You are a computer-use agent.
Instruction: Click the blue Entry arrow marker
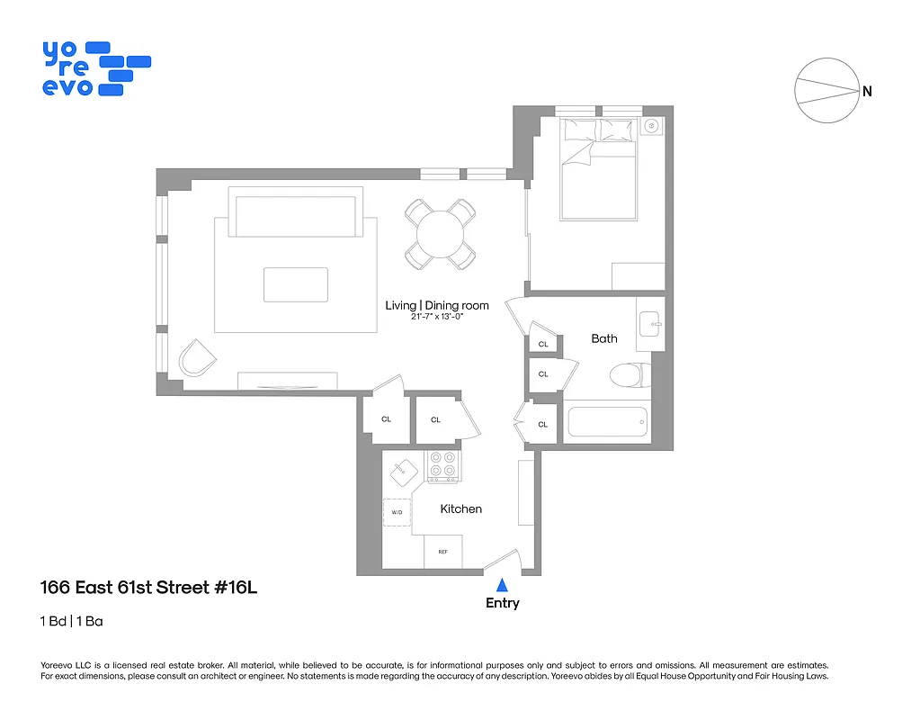(x=502, y=585)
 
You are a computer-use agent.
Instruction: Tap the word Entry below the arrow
(x=502, y=603)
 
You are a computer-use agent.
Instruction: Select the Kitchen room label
(x=460, y=509)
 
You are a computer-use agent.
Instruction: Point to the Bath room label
(x=604, y=338)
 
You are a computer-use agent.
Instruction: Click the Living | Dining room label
(x=437, y=305)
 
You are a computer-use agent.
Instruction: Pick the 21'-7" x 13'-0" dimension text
(x=437, y=317)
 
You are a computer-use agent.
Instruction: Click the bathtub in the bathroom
(x=608, y=421)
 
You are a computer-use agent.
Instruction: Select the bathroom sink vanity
(x=650, y=323)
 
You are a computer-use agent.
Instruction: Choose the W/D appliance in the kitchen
(x=397, y=512)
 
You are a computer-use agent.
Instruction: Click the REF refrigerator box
(x=442, y=552)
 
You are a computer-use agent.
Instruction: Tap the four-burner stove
(x=442, y=463)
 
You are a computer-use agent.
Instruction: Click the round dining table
(x=440, y=234)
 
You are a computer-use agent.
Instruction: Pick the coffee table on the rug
(x=295, y=284)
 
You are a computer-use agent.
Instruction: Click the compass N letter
(x=867, y=91)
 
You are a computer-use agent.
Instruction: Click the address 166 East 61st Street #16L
(x=149, y=589)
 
